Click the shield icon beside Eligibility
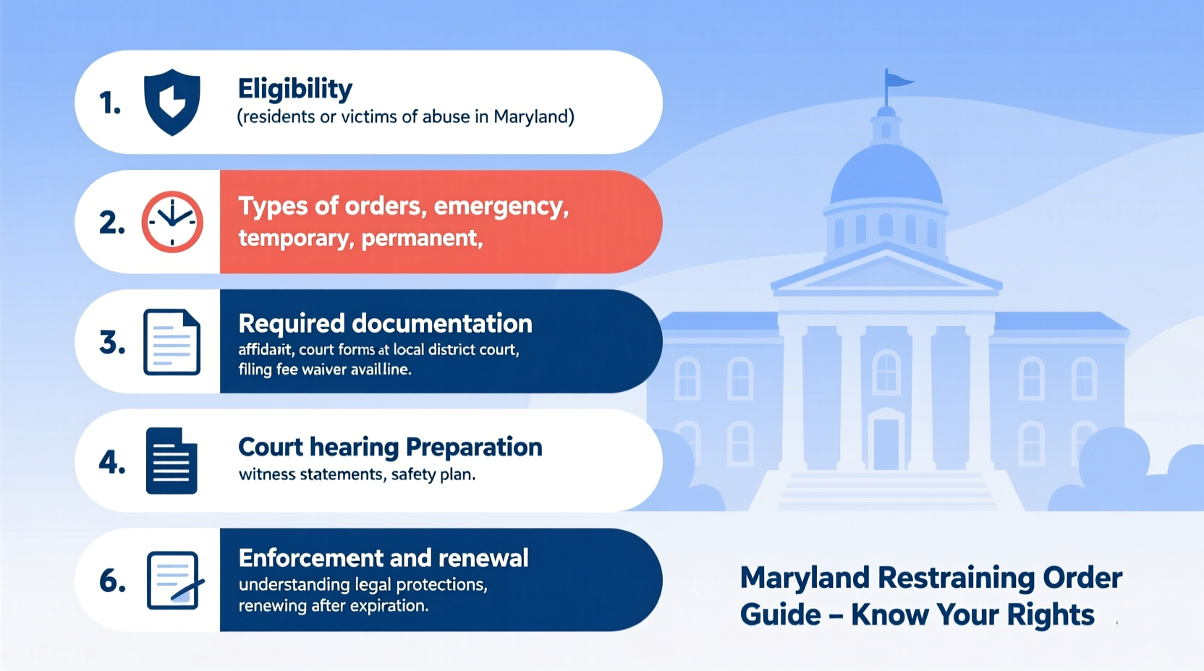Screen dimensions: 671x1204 point(172,102)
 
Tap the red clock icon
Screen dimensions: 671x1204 point(172,222)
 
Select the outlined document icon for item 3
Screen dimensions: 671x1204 point(171,342)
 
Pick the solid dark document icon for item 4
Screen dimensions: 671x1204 point(171,461)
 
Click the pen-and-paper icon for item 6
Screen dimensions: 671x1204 point(174,581)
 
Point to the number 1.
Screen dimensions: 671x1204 point(109,103)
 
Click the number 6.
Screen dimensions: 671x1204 point(112,581)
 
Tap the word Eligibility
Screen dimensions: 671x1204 point(295,89)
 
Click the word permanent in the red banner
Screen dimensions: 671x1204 point(421,238)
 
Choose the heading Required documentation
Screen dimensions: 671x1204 point(385,323)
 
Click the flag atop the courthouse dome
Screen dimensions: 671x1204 point(899,80)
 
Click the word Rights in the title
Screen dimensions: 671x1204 point(1050,615)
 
